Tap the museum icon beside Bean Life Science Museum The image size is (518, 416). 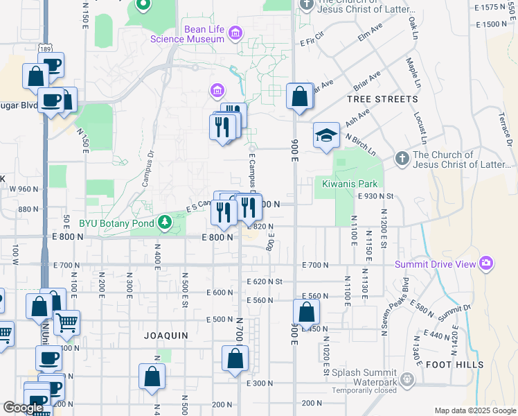click(x=235, y=33)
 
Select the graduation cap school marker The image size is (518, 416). click(x=326, y=135)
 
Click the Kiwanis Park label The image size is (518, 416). click(x=350, y=184)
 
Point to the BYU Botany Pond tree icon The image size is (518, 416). click(x=165, y=223)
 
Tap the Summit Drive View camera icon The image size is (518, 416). click(x=486, y=263)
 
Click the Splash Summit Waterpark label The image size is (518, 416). click(x=364, y=377)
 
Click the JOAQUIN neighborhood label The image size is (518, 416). click(x=166, y=335)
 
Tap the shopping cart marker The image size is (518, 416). click(x=66, y=322)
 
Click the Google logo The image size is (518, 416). click(x=22, y=408)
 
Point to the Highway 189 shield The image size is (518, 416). click(x=45, y=49)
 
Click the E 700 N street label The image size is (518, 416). click(x=314, y=265)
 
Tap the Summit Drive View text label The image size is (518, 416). click(x=435, y=263)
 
